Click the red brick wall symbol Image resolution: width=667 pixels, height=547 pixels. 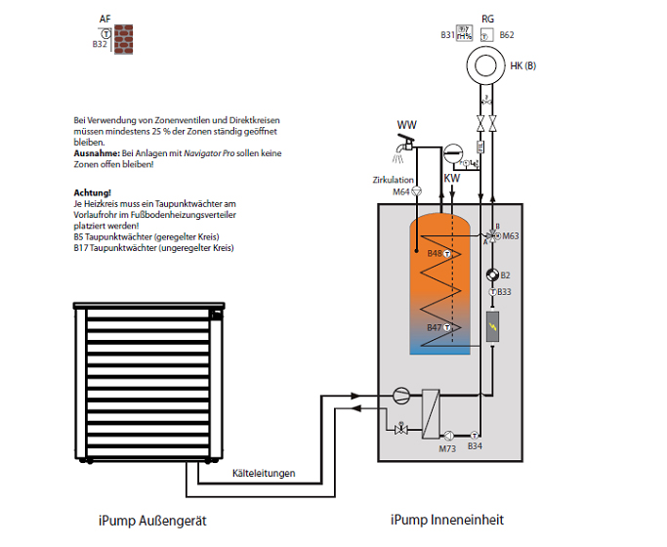click(123, 39)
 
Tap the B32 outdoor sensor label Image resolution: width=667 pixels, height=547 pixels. click(100, 44)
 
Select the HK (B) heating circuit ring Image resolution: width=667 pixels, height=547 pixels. click(485, 65)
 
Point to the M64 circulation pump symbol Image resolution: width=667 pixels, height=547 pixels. click(417, 191)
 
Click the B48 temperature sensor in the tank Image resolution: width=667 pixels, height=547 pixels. click(447, 254)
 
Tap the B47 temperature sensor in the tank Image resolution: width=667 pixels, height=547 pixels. click(447, 327)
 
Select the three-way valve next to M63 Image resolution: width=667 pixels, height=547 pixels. click(492, 235)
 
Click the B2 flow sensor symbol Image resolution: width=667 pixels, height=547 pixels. click(492, 275)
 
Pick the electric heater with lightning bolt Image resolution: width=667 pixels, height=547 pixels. click(492, 326)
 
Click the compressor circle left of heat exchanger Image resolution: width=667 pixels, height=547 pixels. click(401, 396)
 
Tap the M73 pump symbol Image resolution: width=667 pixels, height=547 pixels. click(449, 436)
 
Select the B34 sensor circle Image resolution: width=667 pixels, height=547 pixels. click(475, 435)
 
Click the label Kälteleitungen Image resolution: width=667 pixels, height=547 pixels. click(264, 473)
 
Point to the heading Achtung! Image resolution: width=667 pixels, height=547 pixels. click(93, 192)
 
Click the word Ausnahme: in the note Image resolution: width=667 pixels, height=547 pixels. click(97, 153)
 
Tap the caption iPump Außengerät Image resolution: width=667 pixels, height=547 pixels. click(152, 521)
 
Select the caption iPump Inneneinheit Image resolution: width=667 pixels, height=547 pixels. click(447, 520)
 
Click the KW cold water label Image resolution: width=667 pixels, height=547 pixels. click(452, 178)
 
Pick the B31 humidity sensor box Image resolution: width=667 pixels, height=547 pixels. click(464, 33)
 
